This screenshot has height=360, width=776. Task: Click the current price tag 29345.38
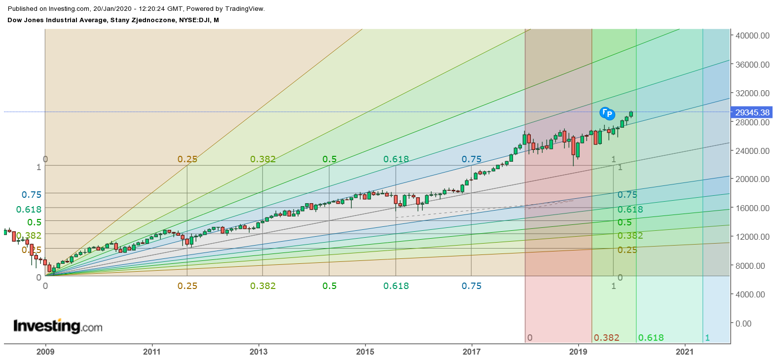click(x=752, y=112)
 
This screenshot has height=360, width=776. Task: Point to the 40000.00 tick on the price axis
click(x=752, y=36)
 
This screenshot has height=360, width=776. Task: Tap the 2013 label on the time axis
click(x=259, y=352)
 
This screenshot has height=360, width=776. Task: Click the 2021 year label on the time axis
click(x=684, y=352)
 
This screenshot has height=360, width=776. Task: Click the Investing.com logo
click(x=58, y=326)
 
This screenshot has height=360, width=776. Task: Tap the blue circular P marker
click(x=610, y=114)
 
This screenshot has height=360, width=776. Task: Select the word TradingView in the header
click(x=245, y=9)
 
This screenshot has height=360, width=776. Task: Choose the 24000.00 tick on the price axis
click(x=752, y=151)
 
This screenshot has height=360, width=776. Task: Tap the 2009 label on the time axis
click(x=45, y=352)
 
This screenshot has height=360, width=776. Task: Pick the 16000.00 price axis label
click(x=752, y=208)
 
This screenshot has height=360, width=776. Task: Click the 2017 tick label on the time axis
click(x=472, y=352)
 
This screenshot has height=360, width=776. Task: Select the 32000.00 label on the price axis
click(x=752, y=93)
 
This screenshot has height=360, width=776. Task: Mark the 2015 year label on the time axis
click(x=365, y=352)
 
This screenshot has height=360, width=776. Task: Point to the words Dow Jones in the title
click(x=25, y=20)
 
